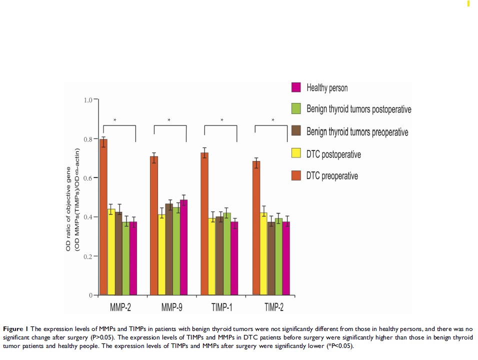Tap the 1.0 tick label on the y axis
tap(88, 100)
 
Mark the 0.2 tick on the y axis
tap(88, 256)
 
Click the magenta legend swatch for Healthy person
tap(295, 87)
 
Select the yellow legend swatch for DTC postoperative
tap(295, 154)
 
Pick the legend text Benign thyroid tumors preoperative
tap(357, 132)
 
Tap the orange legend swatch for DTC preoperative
tap(295, 176)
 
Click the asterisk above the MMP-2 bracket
tap(115, 120)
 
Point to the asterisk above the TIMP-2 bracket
tap(272, 120)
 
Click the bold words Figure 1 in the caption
tap(16, 328)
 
